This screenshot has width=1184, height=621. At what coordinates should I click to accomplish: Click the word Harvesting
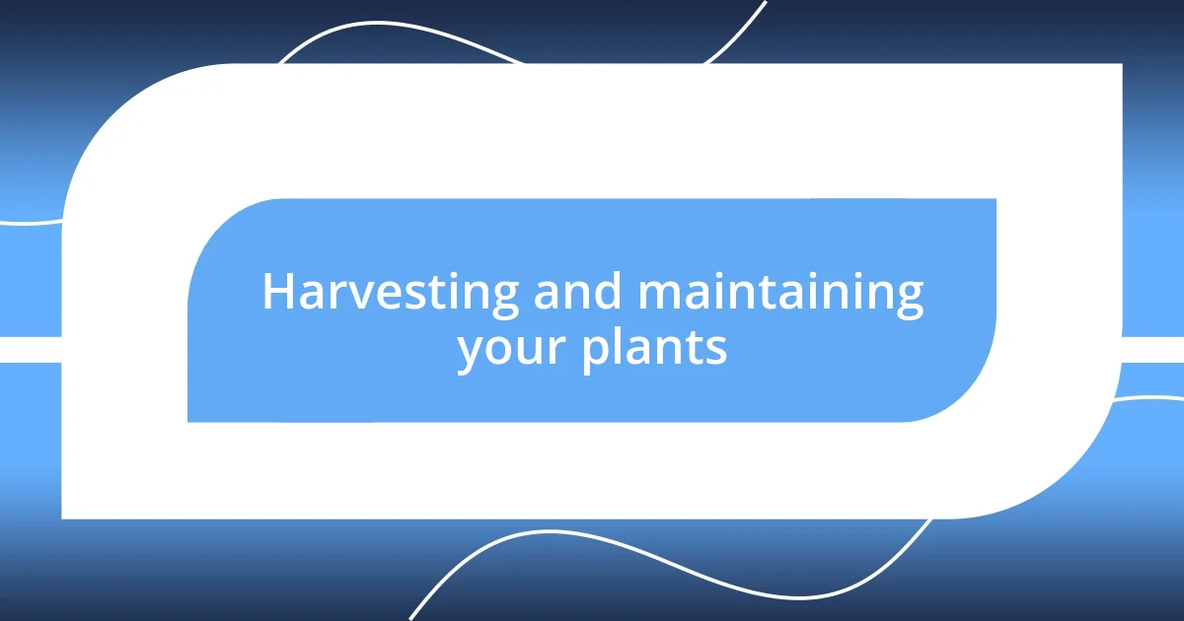coord(392,294)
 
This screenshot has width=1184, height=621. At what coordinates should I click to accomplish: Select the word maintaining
coord(780,294)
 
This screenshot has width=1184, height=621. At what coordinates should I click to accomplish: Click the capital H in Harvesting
coord(279,292)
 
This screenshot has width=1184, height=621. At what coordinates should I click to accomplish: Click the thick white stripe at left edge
coord(30,349)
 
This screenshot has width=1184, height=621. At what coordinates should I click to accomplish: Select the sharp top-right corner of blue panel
coord(995,200)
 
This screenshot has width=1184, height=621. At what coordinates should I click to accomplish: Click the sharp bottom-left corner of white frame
coord(63,517)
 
